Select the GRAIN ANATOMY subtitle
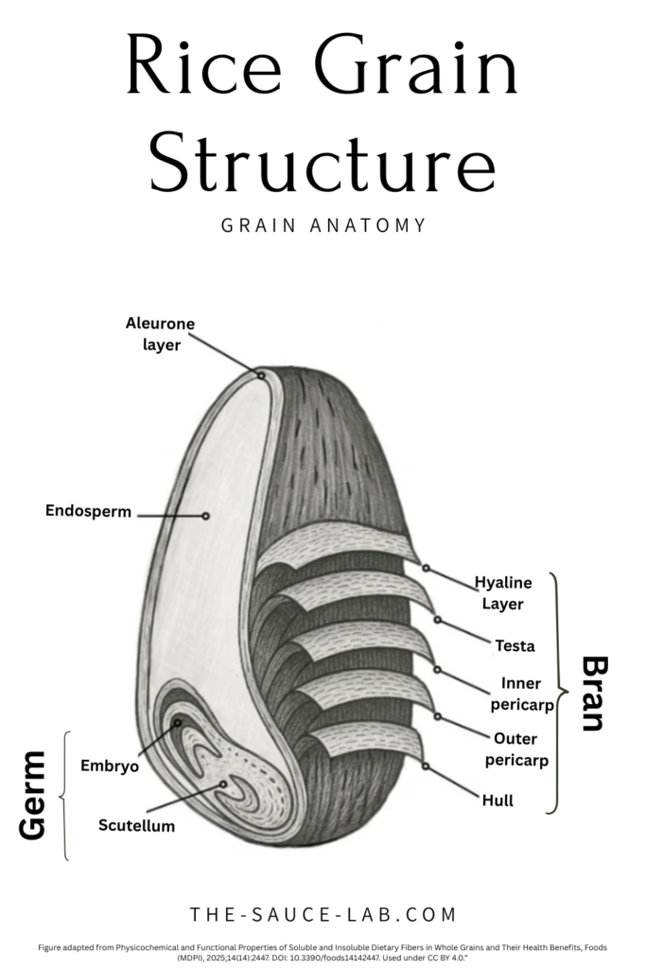323,226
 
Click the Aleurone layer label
160,334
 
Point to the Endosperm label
89,512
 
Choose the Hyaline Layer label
503,592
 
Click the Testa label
515,646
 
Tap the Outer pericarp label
516,749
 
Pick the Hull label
498,801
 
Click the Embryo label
110,766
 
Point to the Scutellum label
136,825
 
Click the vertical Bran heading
592,694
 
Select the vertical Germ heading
33,795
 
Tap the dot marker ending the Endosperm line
205,516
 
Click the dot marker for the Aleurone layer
261,376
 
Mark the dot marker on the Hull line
427,766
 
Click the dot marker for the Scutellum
223,784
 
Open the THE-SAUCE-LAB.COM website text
323,915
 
